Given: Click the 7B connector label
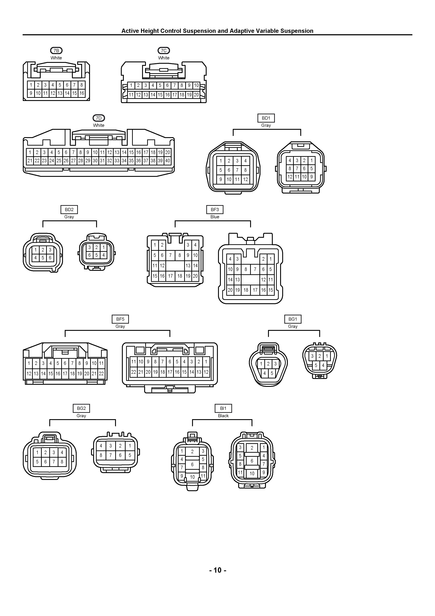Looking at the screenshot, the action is pos(56,50).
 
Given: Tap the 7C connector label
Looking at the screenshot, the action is pos(164,50).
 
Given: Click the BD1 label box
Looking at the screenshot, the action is pos(266,118).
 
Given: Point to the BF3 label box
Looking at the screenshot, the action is pos(215,209).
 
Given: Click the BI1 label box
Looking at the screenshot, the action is pos(223,408).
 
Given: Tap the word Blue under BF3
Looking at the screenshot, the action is pos(215,217).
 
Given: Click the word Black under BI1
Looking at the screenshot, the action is pos(223,416).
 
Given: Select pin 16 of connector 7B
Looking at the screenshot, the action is pos(82,93).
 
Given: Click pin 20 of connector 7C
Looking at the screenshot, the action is pos(196,95).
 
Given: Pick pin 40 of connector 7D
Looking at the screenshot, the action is pos(168,161).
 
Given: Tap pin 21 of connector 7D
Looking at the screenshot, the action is pos(30,161).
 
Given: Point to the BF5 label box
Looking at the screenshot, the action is pos(120,319).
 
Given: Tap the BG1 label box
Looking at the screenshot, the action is pos(293,319).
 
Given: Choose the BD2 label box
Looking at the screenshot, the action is pos(69,209).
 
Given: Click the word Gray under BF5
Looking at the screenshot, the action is pos(120,326).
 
